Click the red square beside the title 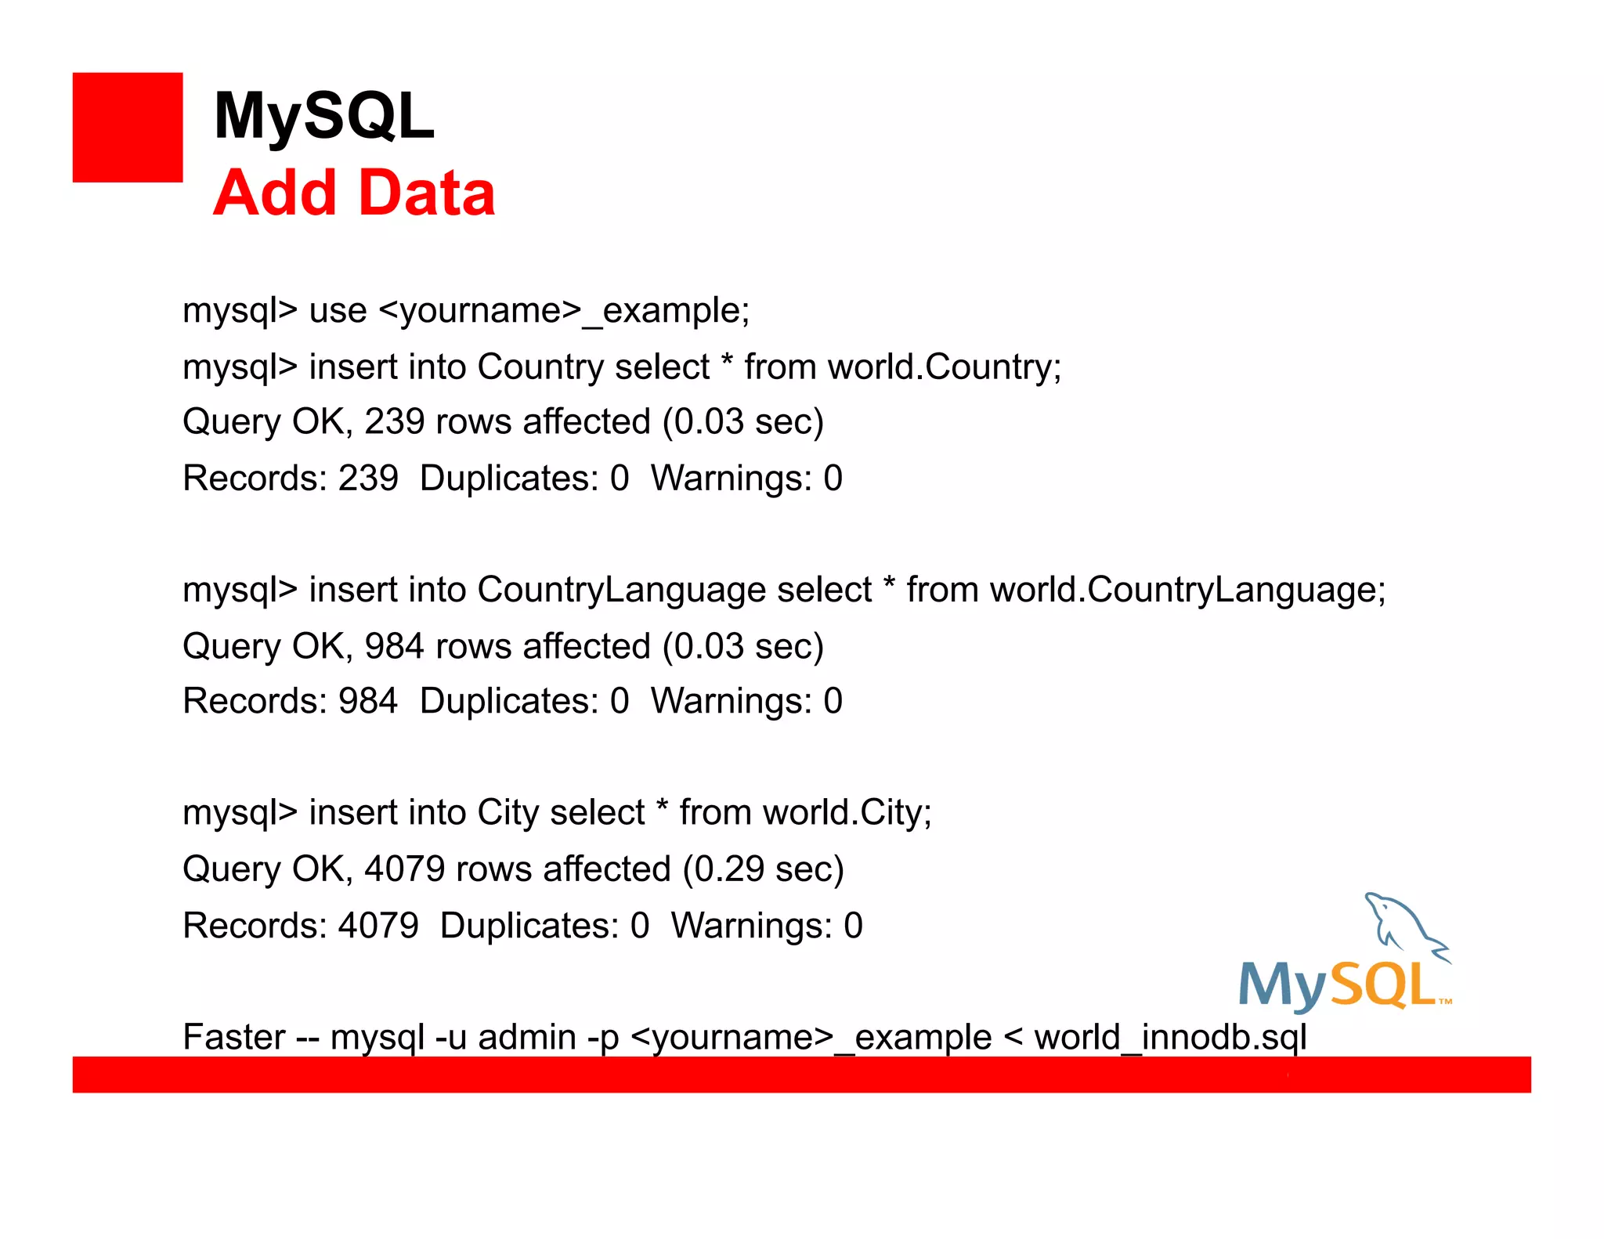coord(128,128)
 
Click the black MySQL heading coord(323,116)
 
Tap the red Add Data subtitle coord(354,193)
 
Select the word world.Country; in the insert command coord(945,367)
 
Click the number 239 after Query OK coord(395,422)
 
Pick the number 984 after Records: coord(368,701)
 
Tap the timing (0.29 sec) coord(764,869)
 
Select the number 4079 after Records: coord(378,926)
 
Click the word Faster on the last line coord(233,1037)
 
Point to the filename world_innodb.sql coord(1170,1037)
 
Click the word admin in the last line coord(527,1037)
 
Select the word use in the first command coord(338,311)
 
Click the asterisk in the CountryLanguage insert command coord(889,584)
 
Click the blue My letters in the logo coord(1282,984)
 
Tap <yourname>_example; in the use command coord(564,311)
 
